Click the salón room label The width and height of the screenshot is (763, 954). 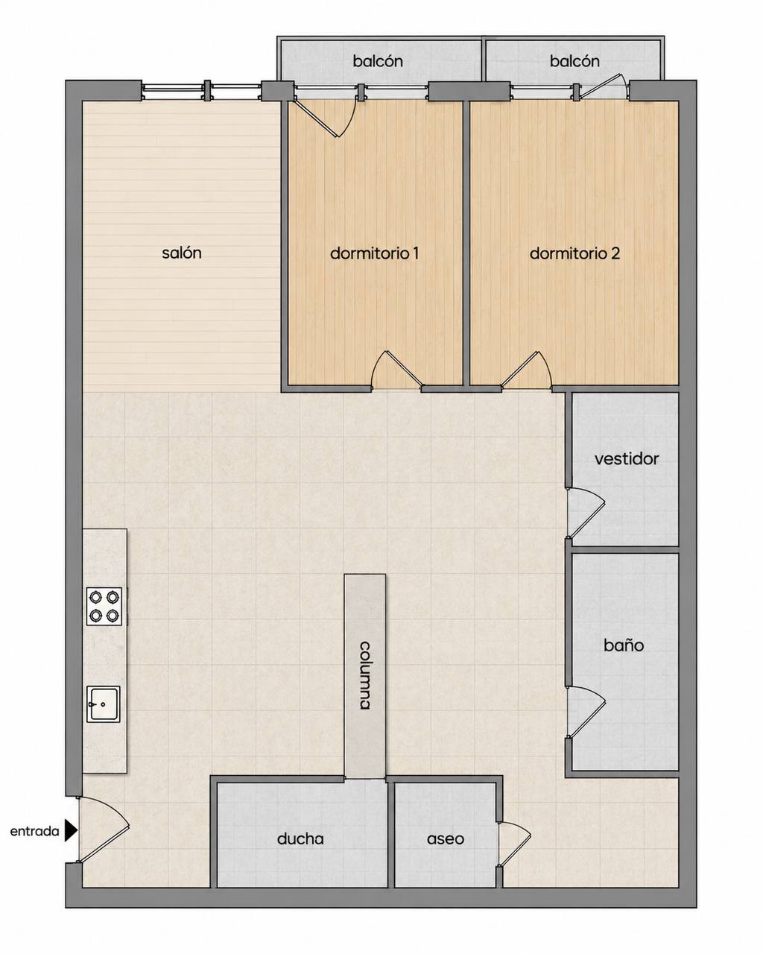(182, 253)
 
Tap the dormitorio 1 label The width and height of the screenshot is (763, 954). (374, 253)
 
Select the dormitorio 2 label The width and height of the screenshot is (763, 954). (574, 253)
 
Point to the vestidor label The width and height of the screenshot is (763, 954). (627, 459)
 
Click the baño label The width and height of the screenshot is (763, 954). (624, 645)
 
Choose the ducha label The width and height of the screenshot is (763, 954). (300, 838)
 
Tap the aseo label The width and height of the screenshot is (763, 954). (446, 838)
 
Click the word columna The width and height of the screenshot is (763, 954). (365, 675)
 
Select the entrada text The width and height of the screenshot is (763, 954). (34, 831)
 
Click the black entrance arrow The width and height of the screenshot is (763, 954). (71, 830)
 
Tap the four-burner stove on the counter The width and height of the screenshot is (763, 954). (104, 607)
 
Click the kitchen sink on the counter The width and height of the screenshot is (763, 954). (104, 705)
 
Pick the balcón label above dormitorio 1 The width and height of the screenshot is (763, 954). (378, 60)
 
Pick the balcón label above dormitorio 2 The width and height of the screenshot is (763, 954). (574, 60)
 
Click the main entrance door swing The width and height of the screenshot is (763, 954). (103, 830)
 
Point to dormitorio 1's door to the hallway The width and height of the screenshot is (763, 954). (397, 370)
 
